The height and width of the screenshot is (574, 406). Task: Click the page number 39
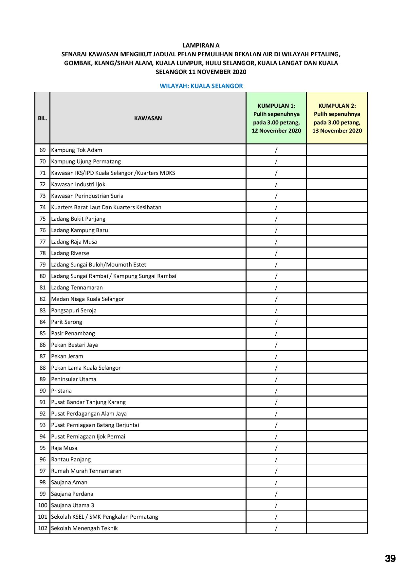[x=390, y=558]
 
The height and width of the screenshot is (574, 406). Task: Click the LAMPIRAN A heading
[x=201, y=46]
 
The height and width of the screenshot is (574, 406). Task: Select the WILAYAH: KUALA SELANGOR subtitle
[x=201, y=86]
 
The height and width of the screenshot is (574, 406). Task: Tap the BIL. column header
[x=43, y=118]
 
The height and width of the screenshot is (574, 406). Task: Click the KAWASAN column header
[x=148, y=118]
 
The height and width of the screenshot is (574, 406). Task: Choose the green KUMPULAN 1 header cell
[x=276, y=118]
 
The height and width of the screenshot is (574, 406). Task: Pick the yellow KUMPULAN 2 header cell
[x=337, y=118]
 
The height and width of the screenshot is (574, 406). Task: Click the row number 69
[x=43, y=150]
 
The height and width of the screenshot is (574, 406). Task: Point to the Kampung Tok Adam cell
[x=77, y=150]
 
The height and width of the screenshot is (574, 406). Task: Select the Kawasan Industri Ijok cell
[x=78, y=184]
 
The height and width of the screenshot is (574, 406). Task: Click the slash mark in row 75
[x=276, y=219]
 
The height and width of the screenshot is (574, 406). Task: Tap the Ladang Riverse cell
[x=70, y=253]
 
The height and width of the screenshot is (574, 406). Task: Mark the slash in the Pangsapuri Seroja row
[x=276, y=310]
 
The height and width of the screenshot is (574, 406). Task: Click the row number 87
[x=43, y=356]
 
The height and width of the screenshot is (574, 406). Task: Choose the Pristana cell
[x=61, y=391]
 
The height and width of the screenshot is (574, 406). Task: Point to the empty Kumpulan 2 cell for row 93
[x=337, y=425]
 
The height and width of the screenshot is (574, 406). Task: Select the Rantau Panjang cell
[x=71, y=459]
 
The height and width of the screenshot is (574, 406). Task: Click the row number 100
[x=43, y=505]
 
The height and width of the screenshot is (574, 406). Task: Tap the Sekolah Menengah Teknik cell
[x=84, y=528]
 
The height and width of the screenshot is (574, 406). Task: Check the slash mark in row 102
[x=276, y=528]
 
